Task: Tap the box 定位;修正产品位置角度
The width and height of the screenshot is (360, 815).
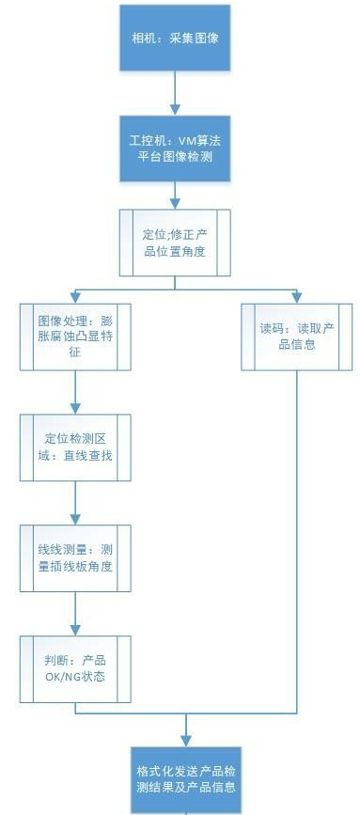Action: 176,243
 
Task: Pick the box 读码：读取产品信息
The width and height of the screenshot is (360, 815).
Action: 297,336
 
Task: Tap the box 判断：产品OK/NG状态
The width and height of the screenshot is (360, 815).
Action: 74,668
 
